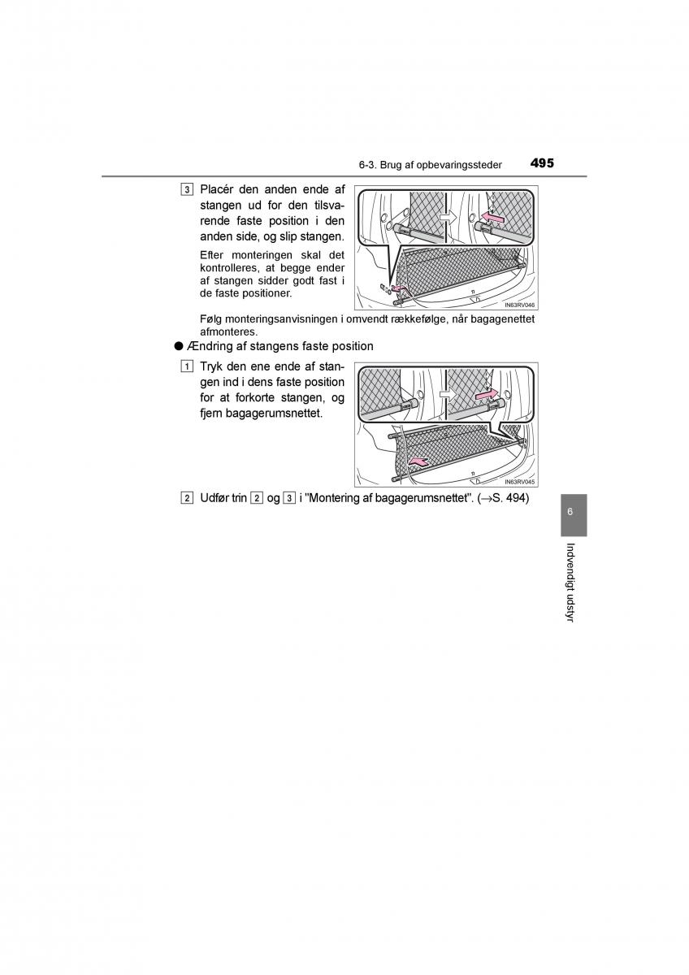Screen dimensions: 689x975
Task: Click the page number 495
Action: point(542,163)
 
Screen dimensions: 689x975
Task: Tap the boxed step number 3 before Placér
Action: point(187,190)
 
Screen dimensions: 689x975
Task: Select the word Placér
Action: point(216,190)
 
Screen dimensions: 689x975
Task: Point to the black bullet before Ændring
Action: point(178,346)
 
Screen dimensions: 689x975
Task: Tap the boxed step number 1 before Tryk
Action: point(187,366)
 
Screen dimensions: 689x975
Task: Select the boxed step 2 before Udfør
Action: point(187,498)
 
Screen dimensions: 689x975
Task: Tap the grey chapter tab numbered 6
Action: point(574,515)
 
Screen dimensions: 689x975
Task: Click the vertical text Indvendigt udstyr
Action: point(571,583)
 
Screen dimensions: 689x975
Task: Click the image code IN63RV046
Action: point(520,305)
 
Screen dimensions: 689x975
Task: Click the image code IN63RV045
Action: point(520,482)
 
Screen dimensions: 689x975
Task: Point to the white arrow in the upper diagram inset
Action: point(447,216)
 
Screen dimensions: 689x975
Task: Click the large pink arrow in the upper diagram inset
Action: point(492,217)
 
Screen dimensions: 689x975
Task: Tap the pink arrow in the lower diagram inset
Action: point(486,394)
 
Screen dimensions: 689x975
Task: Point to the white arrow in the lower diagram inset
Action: point(448,394)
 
